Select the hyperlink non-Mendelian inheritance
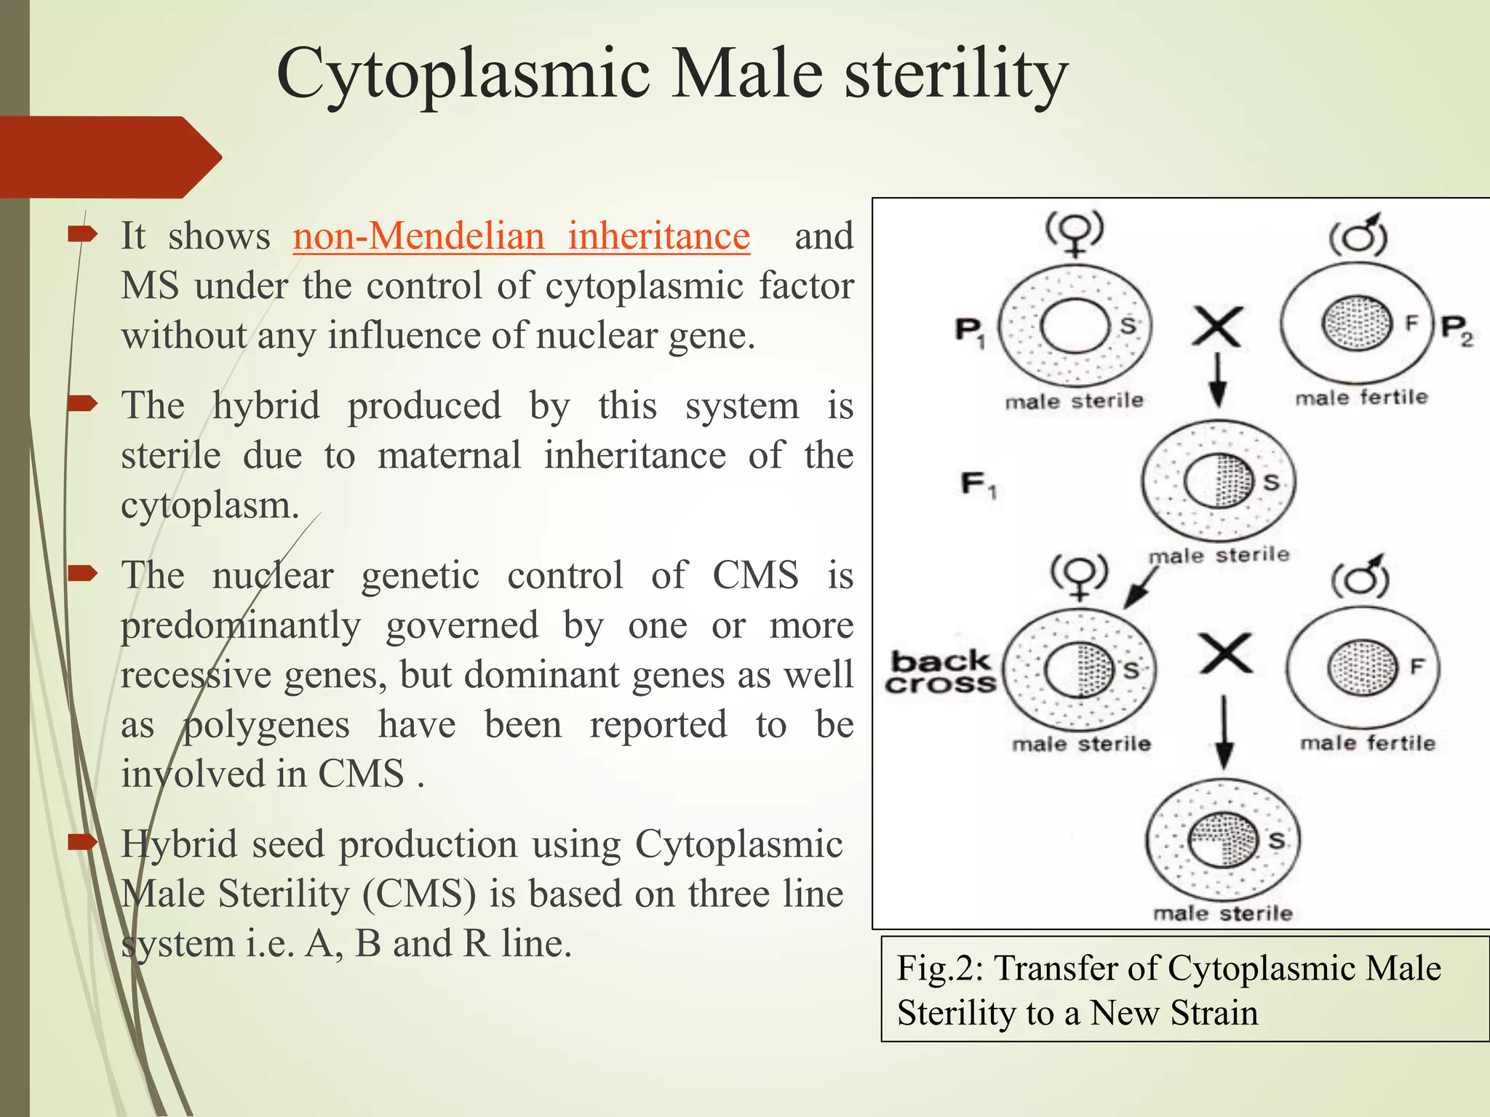[x=521, y=236]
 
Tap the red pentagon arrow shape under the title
[x=109, y=157]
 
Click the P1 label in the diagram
[x=970, y=332]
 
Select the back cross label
[x=940, y=673]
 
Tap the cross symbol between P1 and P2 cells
[x=1217, y=327]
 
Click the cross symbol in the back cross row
[x=1225, y=653]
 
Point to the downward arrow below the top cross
[x=1218, y=380]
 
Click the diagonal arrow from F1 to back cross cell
[x=1139, y=588]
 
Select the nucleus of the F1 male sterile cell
[x=1219, y=481]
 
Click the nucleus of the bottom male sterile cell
[x=1224, y=840]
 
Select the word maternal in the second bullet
[x=449, y=456]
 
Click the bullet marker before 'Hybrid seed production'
[x=82, y=843]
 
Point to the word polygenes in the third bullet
[x=266, y=725]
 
